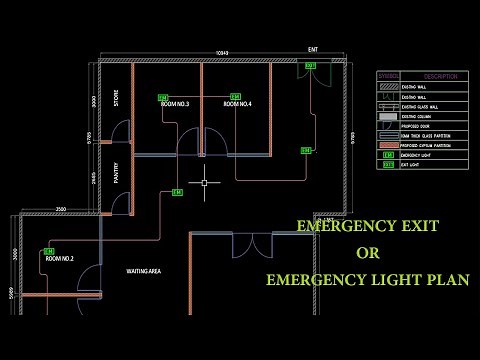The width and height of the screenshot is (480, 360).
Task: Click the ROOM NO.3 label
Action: click(x=174, y=104)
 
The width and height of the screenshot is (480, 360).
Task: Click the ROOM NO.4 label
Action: click(x=237, y=104)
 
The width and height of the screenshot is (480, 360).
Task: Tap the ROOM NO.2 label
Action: click(x=59, y=258)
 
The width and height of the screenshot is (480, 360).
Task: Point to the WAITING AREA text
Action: click(x=144, y=271)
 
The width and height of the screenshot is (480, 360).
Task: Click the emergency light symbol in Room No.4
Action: click(x=235, y=96)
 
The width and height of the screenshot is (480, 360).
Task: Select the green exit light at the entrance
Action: click(x=310, y=66)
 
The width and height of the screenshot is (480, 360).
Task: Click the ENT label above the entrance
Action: click(x=313, y=49)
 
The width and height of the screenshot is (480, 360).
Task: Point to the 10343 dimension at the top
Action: click(x=223, y=52)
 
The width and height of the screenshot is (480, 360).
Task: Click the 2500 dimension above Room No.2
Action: click(x=60, y=209)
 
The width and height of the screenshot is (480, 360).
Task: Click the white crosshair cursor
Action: click(x=204, y=183)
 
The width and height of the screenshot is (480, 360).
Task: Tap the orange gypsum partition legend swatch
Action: click(x=386, y=145)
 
